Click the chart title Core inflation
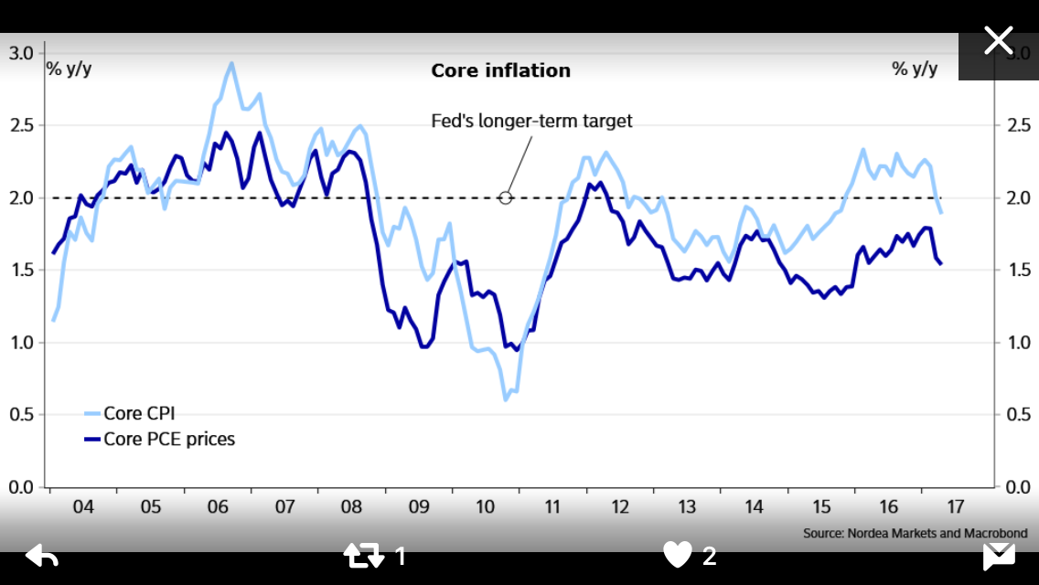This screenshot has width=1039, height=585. (x=500, y=70)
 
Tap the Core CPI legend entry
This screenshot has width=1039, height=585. (x=138, y=413)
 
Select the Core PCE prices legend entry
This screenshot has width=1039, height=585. (x=168, y=439)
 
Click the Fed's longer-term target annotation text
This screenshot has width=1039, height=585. (x=531, y=121)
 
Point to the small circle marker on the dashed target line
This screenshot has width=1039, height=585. (x=506, y=197)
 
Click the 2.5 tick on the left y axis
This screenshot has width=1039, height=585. (x=21, y=125)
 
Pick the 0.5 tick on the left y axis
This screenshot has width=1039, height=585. (x=21, y=415)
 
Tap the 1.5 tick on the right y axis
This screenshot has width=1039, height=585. (x=1017, y=270)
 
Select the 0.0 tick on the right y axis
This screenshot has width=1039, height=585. (x=1017, y=487)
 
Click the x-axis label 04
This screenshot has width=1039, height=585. (x=83, y=505)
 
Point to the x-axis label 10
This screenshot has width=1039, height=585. (x=486, y=505)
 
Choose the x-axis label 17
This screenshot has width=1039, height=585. (x=955, y=505)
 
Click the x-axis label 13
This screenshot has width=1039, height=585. (x=687, y=505)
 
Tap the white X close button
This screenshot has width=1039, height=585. (x=998, y=40)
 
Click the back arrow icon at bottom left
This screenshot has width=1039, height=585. (x=42, y=555)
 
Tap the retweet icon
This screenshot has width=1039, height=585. (x=364, y=555)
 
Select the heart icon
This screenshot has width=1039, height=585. (x=678, y=555)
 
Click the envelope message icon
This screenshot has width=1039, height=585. (x=999, y=555)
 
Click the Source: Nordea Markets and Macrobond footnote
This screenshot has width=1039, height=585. (x=915, y=533)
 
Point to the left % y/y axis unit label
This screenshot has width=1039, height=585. (x=70, y=69)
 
